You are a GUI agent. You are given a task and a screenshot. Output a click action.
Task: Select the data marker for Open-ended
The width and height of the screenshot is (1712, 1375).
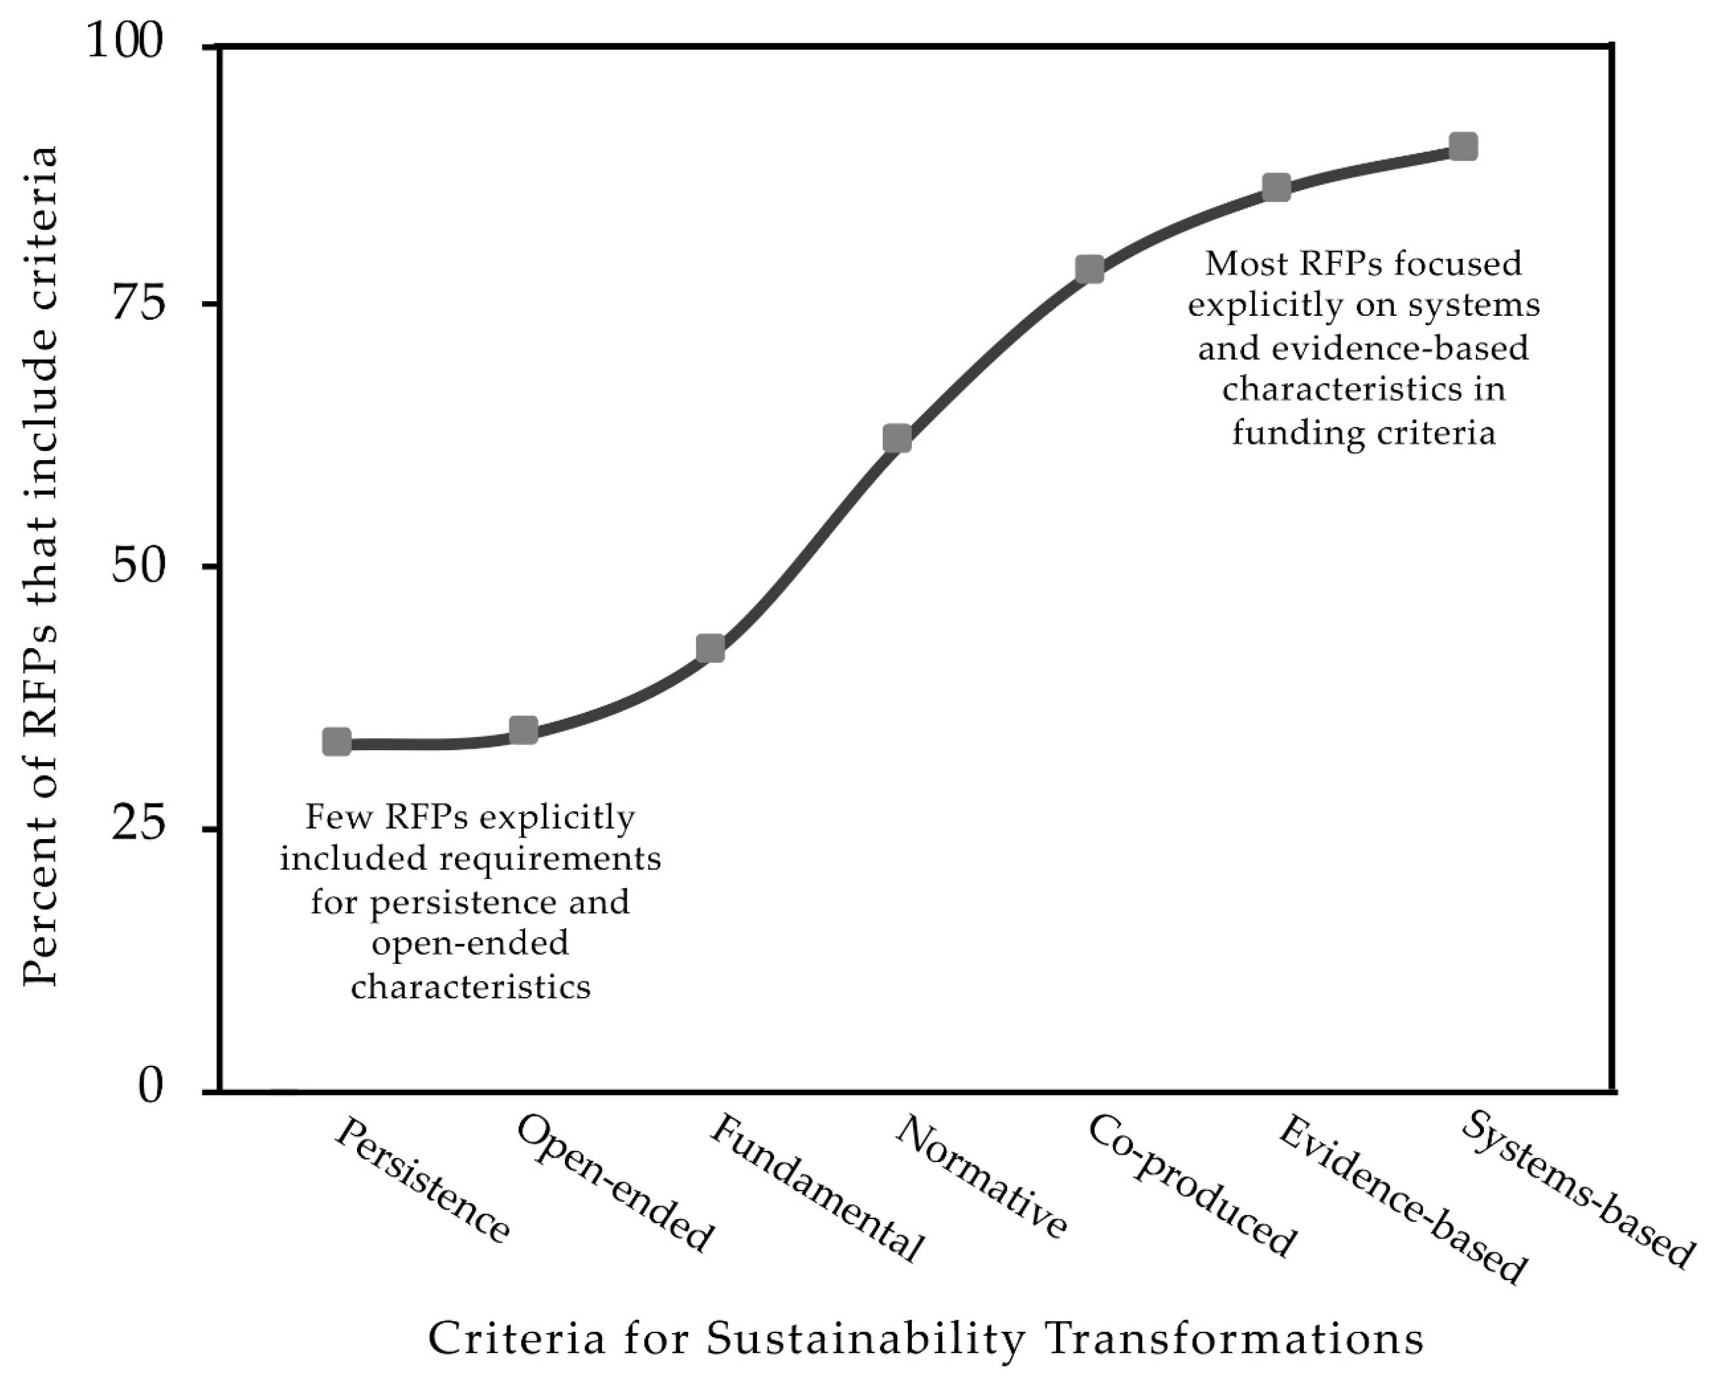tap(523, 730)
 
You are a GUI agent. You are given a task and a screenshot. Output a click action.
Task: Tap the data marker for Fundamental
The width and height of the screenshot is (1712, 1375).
tap(710, 648)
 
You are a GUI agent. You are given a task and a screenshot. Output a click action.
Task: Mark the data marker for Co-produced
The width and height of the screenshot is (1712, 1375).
tap(1090, 269)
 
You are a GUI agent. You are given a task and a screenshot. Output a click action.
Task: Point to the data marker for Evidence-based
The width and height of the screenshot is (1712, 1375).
tap(1276, 188)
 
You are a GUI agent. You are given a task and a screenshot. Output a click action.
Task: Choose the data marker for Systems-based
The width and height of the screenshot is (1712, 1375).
tap(1463, 147)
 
